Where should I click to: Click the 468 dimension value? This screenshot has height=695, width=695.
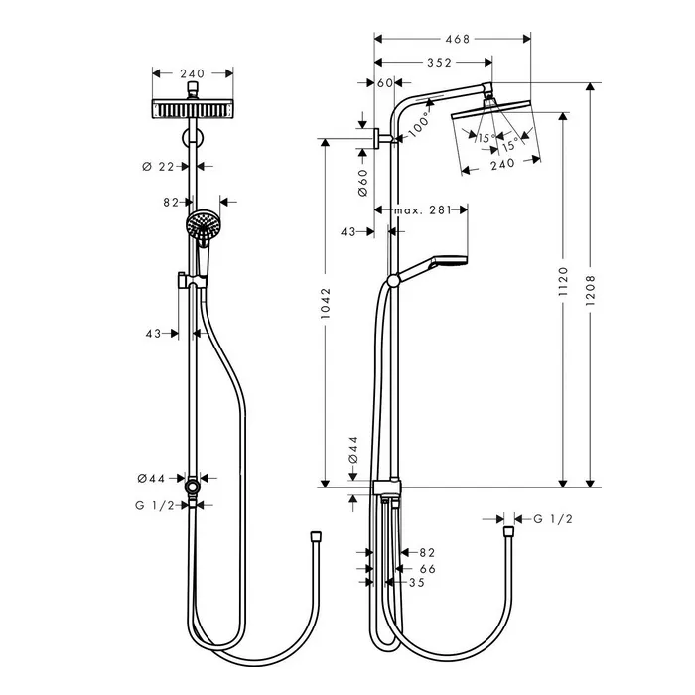tap(458, 39)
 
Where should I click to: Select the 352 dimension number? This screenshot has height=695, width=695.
tap(439, 63)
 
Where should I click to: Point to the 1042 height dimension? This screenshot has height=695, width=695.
tap(326, 303)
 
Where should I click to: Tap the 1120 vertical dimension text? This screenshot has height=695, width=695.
tap(563, 281)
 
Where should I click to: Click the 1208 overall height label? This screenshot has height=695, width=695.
tap(590, 290)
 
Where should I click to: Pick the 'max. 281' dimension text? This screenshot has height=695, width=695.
tap(423, 210)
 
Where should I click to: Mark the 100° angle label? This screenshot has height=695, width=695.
tap(419, 124)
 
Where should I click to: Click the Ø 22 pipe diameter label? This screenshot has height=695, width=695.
tap(158, 167)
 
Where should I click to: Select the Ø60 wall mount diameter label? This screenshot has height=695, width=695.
tap(362, 182)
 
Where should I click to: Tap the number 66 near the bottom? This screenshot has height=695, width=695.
tap(428, 569)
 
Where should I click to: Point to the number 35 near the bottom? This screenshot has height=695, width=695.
tap(417, 583)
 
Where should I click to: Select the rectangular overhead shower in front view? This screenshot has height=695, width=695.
tap(193, 109)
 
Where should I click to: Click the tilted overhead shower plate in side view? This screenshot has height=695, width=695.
tap(490, 108)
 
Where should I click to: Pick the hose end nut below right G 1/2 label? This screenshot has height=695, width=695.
tap(508, 532)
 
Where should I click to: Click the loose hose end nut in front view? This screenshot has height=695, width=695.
tap(316, 537)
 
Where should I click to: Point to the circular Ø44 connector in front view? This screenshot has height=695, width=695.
tap(193, 486)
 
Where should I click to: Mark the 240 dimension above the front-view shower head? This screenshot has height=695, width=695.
tap(193, 73)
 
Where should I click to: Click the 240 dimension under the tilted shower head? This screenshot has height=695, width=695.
tap(503, 165)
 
